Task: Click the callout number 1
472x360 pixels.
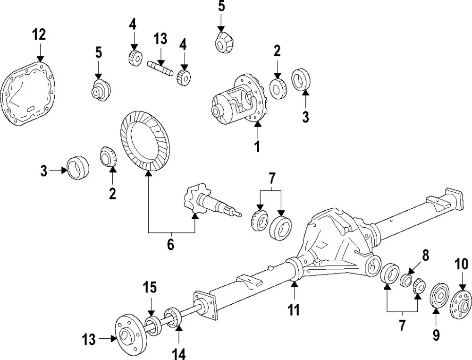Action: coord(257,146)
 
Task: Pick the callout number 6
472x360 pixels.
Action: coord(170,244)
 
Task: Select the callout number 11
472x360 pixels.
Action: coord(294,309)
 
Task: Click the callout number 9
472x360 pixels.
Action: coord(436,335)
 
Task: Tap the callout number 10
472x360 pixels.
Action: coord(461,264)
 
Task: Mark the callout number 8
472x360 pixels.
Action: coord(425,256)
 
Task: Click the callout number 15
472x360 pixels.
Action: coord(151,287)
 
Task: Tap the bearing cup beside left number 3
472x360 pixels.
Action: coord(78,168)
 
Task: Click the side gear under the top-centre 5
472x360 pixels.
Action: coord(222,43)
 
